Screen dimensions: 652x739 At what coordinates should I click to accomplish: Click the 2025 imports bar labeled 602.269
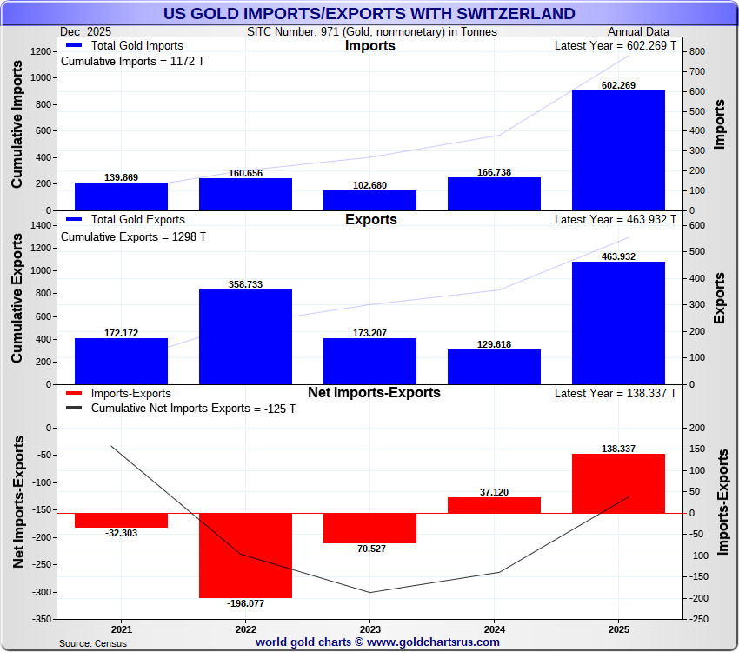tap(618, 150)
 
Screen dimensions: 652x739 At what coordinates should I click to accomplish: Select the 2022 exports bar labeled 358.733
tap(245, 336)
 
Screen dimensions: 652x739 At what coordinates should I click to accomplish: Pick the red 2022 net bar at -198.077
tap(245, 555)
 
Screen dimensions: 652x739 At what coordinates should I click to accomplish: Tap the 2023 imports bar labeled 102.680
tap(369, 200)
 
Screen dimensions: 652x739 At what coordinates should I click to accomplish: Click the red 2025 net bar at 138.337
tap(618, 483)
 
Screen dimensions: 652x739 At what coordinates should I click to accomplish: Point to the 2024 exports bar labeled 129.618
tap(494, 366)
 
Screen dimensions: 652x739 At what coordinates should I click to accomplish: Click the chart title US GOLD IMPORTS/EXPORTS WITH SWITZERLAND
tap(369, 13)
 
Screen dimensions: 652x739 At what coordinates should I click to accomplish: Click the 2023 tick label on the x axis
tap(369, 629)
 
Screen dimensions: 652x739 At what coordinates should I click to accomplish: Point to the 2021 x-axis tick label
tap(121, 629)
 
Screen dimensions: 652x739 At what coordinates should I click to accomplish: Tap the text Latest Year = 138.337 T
tap(615, 394)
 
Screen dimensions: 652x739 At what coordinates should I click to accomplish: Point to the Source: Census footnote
tap(92, 643)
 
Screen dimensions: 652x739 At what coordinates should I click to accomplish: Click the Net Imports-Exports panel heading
tap(374, 393)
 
